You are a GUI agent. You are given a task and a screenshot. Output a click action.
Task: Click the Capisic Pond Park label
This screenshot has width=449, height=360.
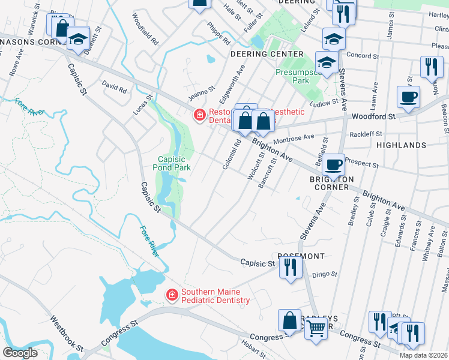coord(174,163)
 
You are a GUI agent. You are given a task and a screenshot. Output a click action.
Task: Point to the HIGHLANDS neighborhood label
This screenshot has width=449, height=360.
coord(401,145)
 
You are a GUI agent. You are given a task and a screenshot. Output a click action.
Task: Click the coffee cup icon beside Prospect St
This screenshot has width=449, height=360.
coord(333,163)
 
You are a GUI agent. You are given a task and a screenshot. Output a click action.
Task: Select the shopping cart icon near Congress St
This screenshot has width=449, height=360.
coord(316,328)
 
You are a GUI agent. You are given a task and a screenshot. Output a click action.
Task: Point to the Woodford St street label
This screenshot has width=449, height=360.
coord(373,116)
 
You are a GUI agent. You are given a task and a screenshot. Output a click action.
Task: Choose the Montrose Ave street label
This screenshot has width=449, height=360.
coord(294,138)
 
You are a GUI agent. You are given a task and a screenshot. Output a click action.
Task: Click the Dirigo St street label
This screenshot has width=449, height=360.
coord(325,275)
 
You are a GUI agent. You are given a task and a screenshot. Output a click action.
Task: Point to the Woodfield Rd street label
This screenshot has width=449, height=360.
coord(145,30)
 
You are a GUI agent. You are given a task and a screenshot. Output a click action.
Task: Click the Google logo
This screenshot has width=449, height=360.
coord(20,352)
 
